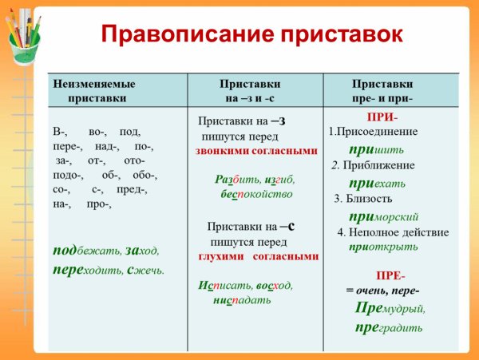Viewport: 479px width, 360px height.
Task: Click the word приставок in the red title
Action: tap(335, 35)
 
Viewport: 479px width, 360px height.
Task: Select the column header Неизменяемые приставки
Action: tap(94, 90)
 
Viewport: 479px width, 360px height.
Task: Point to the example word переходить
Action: tap(86, 270)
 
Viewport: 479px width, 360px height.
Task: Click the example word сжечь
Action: tap(145, 270)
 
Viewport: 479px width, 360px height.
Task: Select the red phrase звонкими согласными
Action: tap(256, 150)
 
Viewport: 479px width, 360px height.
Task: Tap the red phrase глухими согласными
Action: tap(259, 256)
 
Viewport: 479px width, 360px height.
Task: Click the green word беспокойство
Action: tap(256, 194)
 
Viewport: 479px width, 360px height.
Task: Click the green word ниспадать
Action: tap(242, 300)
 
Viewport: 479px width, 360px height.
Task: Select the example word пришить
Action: tap(377, 148)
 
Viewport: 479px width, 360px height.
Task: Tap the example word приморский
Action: tap(384, 216)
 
